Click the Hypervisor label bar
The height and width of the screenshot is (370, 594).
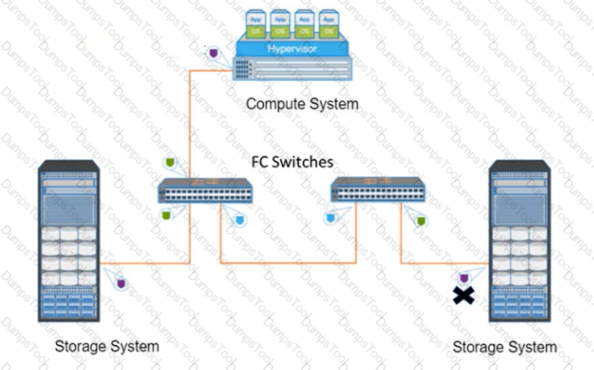pyautogui.click(x=293, y=49)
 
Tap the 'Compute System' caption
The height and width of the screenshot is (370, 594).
pyautogui.click(x=302, y=104)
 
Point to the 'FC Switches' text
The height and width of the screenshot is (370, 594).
pyautogui.click(x=292, y=161)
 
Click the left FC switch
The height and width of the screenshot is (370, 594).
pyautogui.click(x=205, y=191)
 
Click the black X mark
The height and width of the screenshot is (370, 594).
pyautogui.click(x=463, y=295)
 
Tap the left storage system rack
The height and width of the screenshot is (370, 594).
pyautogui.click(x=68, y=241)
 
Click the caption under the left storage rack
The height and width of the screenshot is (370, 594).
pyautogui.click(x=107, y=346)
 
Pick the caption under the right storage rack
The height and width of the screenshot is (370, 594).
pyautogui.click(x=504, y=347)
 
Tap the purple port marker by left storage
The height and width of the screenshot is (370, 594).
pyautogui.click(x=122, y=284)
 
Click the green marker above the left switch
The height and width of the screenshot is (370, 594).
pyautogui.click(x=169, y=163)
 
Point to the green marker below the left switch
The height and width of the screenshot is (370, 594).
pyautogui.click(x=166, y=215)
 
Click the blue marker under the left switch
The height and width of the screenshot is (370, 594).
pyautogui.click(x=240, y=219)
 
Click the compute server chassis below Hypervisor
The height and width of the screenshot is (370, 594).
pyautogui.click(x=292, y=68)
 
